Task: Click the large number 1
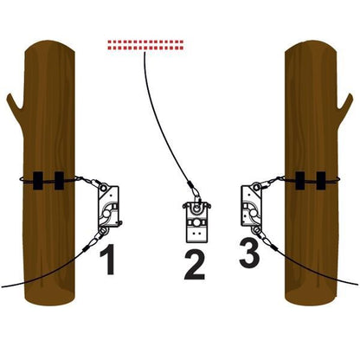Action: (109, 259)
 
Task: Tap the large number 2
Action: (195, 265)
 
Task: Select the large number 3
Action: (249, 253)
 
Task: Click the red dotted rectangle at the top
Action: (145, 45)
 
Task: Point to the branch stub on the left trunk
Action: (15, 104)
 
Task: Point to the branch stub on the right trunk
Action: (345, 105)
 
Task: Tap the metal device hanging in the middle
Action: (197, 222)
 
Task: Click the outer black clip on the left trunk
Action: (38, 181)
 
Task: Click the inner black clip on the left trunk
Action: (59, 181)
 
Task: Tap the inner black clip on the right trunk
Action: (299, 181)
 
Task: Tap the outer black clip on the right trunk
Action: (321, 181)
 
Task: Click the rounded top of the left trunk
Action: (49, 46)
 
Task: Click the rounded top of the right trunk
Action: (311, 46)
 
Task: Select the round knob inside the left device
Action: (106, 214)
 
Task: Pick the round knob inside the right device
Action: (254, 213)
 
